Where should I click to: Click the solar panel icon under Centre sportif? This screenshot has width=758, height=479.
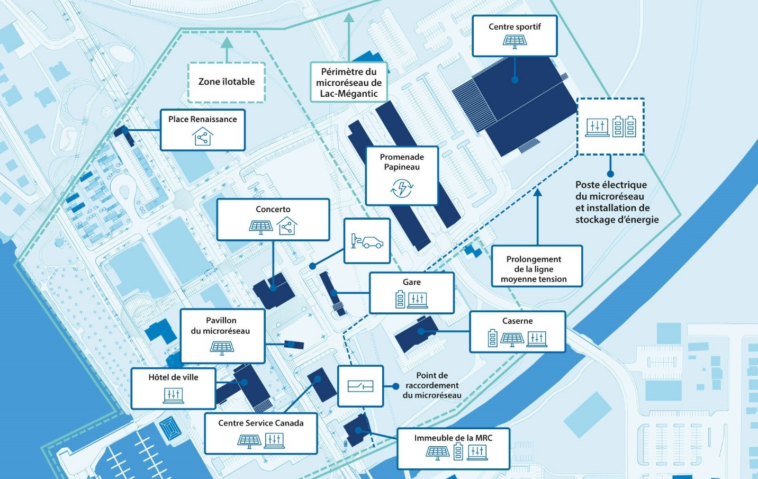tap(515, 41)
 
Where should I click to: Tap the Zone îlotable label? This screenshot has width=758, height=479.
tap(227, 82)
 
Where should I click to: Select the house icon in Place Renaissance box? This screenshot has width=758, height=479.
tap(202, 137)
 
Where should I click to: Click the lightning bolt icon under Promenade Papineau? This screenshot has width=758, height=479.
tap(402, 187)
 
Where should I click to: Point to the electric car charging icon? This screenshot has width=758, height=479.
tap(367, 241)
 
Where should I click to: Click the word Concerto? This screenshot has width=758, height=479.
tap(273, 209)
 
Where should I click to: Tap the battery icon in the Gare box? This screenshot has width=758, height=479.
tap(400, 300)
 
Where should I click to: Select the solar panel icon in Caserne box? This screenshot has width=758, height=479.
tap(512, 339)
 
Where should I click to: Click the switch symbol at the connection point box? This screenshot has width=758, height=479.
tap(360, 386)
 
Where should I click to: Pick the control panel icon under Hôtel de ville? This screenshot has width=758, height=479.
tap(174, 395)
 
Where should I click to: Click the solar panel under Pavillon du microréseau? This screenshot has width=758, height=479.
tap(222, 348)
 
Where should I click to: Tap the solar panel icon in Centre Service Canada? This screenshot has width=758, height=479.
tap(249, 440)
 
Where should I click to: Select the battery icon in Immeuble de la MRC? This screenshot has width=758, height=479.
tap(458, 451)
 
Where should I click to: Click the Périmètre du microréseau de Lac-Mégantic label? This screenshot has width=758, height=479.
tap(349, 83)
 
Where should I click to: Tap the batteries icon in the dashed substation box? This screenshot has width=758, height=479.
tap(624, 126)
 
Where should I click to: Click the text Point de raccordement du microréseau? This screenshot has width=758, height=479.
tap(432, 385)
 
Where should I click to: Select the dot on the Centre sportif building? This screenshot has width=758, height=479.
tap(515, 80)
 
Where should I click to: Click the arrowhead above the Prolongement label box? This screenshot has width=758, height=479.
tap(538, 193)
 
